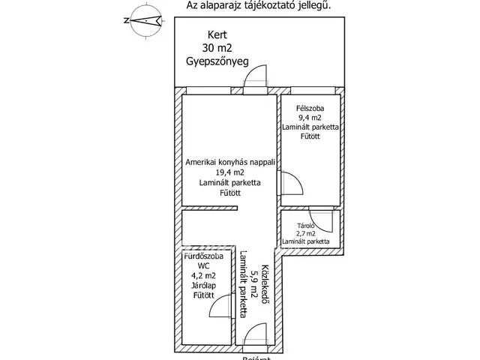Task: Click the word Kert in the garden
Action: click(x=217, y=34)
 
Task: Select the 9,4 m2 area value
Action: click(x=310, y=117)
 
